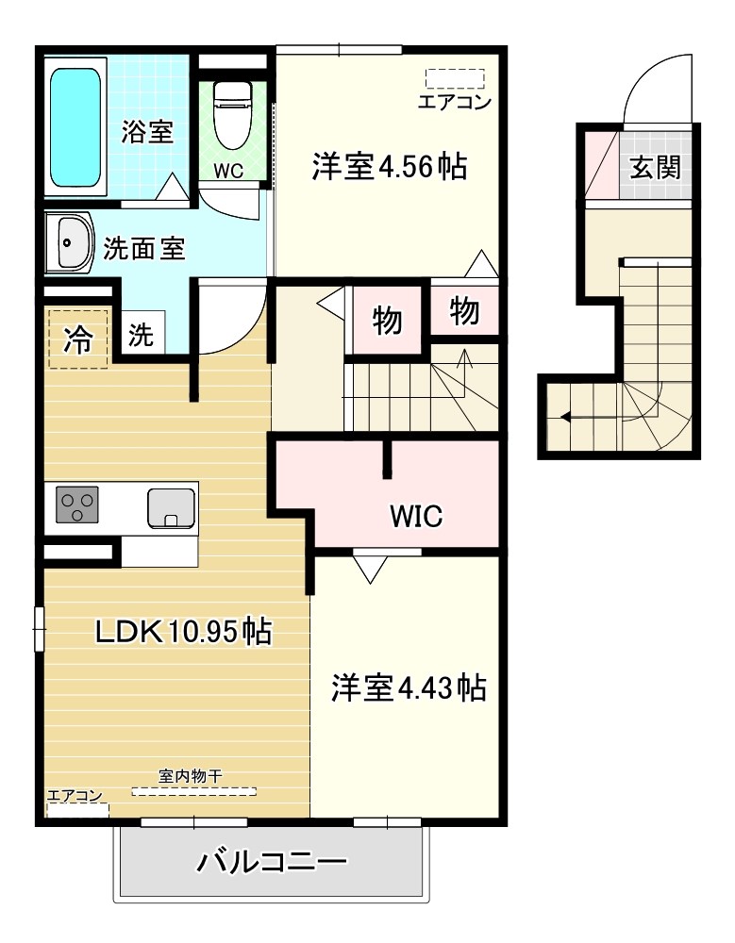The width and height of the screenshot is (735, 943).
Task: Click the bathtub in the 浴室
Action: click(x=75, y=127)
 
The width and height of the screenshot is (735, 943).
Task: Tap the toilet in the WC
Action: click(x=229, y=115)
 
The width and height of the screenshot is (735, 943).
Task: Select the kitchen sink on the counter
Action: click(x=171, y=507)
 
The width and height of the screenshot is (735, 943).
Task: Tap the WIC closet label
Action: click(x=417, y=516)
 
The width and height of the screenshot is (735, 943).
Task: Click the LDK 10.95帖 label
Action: click(x=183, y=631)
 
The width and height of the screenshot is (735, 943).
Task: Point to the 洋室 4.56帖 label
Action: click(x=390, y=167)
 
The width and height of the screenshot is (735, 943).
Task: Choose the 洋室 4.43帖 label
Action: click(x=408, y=688)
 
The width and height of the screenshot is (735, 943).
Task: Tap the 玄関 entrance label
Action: click(x=655, y=168)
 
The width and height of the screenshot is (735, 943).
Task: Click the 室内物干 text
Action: click(x=190, y=777)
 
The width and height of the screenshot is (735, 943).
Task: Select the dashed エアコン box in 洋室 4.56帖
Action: click(x=454, y=78)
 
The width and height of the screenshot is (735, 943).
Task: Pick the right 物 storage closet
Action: click(x=464, y=310)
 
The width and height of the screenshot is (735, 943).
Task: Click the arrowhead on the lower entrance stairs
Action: click(x=565, y=416)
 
